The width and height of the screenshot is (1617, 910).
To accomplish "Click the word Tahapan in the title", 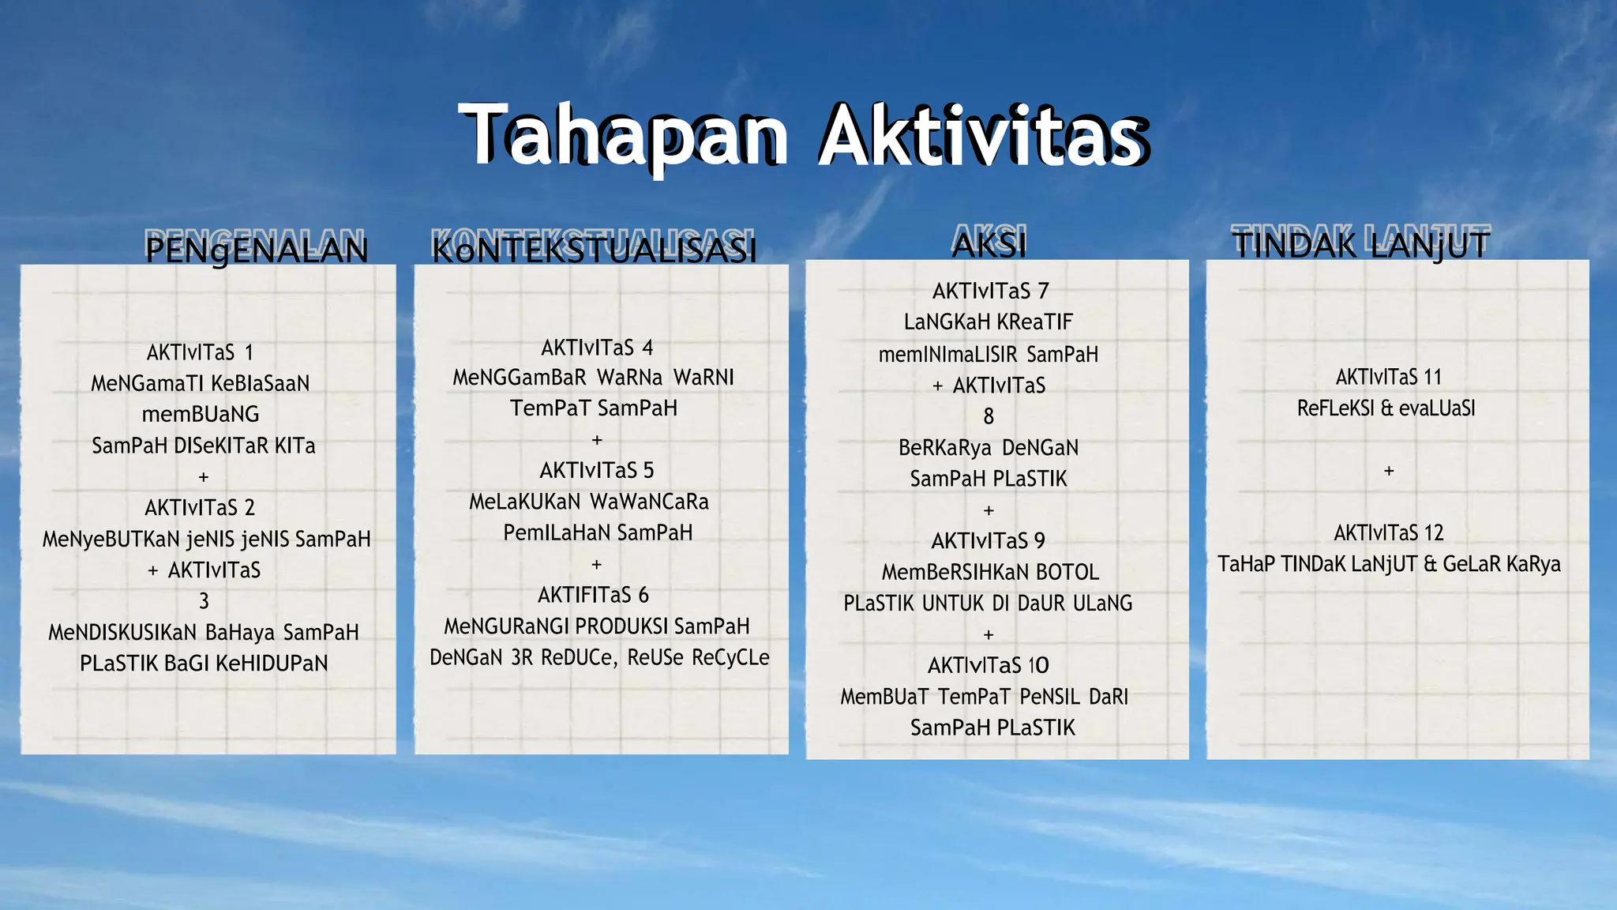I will (624, 136).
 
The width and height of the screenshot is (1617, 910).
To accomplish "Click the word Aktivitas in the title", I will (983, 136).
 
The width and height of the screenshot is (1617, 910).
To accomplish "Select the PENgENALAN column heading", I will (257, 250).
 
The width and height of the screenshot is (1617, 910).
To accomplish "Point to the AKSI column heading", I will (989, 244).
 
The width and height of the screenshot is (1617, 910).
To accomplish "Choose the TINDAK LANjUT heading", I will (1361, 244).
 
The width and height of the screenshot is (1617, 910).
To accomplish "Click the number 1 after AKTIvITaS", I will (249, 352).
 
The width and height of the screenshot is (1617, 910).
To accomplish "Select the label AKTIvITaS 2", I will (200, 507).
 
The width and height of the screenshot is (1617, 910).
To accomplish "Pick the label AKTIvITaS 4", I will (597, 348).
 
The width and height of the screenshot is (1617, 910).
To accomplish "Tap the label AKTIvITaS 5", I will (597, 470).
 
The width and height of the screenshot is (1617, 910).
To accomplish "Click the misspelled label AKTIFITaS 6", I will (594, 594).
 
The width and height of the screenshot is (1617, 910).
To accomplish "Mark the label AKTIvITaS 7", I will (990, 291).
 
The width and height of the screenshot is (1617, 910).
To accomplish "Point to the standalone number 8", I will (989, 416).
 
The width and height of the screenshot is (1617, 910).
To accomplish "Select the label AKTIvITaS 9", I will (989, 540).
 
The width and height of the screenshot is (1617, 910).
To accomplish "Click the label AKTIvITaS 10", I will (989, 665).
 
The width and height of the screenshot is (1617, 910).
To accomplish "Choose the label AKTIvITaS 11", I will (1389, 377).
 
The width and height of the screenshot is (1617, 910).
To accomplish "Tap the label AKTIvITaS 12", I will (1389, 532).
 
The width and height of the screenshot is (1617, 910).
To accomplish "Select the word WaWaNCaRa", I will (649, 502).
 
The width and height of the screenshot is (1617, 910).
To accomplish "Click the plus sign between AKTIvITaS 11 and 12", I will (1389, 471).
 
